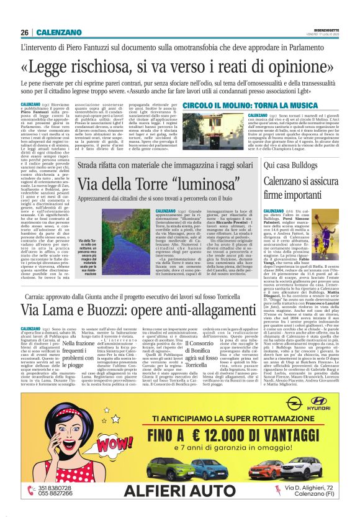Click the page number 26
(x=25, y=32)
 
